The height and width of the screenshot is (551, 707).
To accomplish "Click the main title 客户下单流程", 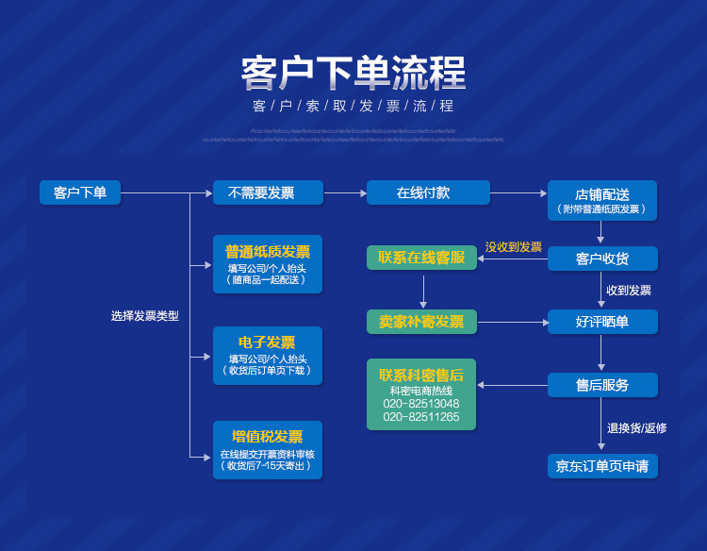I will coord(353,73).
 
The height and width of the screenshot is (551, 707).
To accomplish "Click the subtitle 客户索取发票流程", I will coord(353,106).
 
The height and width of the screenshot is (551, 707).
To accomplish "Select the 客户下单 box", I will coord(80,192).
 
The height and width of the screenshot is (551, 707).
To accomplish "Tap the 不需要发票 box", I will coord(268,192).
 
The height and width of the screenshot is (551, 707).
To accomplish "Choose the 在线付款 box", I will coord(428,192).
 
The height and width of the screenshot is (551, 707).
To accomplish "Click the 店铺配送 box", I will coord(602,200).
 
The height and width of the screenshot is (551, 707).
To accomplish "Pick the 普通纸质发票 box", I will coord(268,264).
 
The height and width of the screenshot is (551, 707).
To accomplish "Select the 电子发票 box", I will coord(268,356).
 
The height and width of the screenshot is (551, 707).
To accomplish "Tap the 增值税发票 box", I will coord(268,450).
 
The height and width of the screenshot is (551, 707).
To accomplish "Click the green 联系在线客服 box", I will coord(421,258).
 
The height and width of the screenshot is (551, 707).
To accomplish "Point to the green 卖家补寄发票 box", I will coord(421,322).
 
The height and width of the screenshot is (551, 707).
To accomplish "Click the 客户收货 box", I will coord(602,259).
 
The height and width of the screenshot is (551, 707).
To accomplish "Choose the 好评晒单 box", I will coord(602,322).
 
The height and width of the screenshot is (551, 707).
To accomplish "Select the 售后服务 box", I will coord(602,385).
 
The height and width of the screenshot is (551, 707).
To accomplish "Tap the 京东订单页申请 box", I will coord(602,466).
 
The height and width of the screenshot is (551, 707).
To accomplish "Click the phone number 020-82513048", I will coord(421,404).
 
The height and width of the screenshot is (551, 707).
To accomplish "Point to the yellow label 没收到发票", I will coord(514,247).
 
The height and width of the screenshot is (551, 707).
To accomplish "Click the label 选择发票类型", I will coord(145,316).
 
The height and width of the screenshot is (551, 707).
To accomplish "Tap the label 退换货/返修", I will coord(636,427).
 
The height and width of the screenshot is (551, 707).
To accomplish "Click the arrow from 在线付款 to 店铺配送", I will coord(518,193).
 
